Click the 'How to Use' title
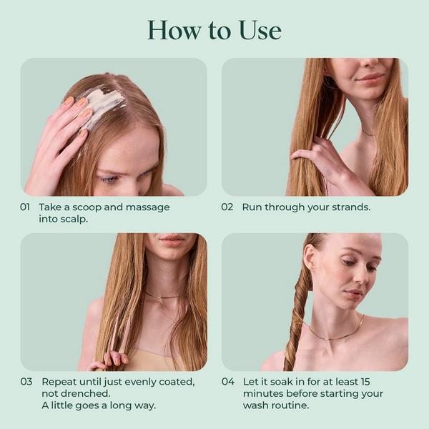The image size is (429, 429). [x=214, y=30]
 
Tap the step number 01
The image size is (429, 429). [x=26, y=207]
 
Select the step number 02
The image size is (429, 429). [x=227, y=207]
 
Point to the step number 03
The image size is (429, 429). [x=26, y=381]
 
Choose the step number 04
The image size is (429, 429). [x=228, y=381]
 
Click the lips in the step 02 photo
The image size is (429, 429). [x=370, y=77]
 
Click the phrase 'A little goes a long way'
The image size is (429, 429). [x=98, y=406]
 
